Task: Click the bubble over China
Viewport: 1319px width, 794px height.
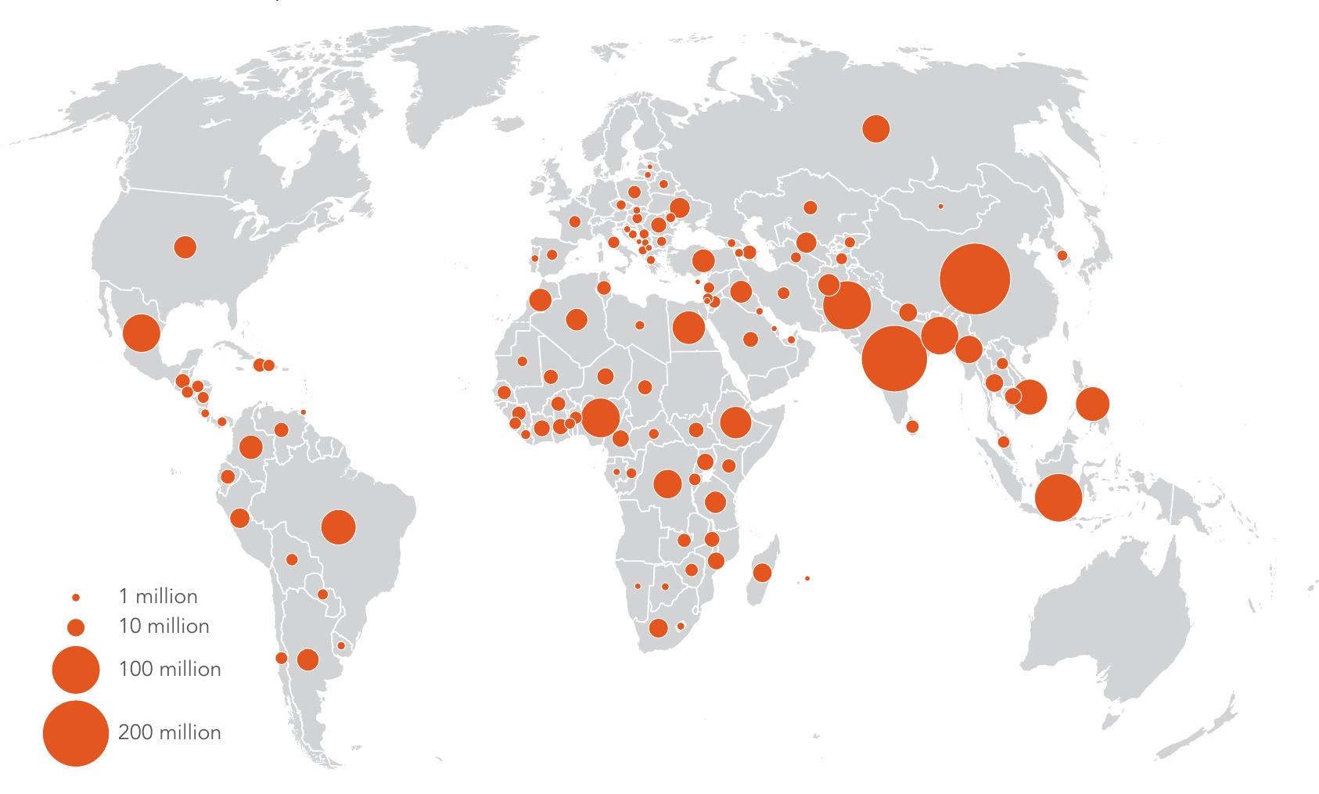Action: [x=973, y=278]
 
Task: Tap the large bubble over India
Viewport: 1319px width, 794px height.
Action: [x=894, y=357]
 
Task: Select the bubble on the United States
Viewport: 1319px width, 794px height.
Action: [x=185, y=247]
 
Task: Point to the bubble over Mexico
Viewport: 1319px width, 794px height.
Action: [x=142, y=333]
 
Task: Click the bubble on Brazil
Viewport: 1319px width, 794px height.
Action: [x=338, y=526]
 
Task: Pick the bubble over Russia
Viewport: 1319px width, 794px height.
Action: [x=876, y=128]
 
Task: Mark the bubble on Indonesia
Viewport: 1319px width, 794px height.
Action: [x=1058, y=498]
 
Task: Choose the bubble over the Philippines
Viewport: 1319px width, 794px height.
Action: [x=1092, y=404]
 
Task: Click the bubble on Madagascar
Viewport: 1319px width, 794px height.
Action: [x=762, y=573]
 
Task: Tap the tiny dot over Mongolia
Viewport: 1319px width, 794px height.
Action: [x=940, y=207]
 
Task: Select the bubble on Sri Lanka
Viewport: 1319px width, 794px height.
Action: [x=912, y=426]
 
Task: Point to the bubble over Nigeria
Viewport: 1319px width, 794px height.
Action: [x=601, y=418]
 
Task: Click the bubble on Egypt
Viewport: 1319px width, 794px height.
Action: [x=688, y=327]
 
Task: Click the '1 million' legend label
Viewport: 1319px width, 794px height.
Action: [x=158, y=597]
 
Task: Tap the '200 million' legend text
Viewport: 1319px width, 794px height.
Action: [x=170, y=732]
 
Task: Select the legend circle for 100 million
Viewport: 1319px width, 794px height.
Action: [x=76, y=670]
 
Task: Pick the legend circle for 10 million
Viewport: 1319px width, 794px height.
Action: [x=76, y=627]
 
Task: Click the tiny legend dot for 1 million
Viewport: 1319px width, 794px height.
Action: [x=76, y=598]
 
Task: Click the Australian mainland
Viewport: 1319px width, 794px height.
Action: [x=1111, y=618]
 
